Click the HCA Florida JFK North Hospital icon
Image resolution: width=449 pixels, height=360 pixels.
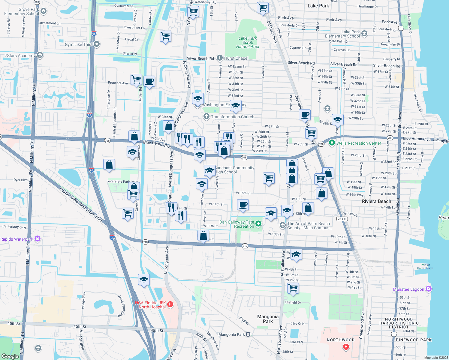[170, 305]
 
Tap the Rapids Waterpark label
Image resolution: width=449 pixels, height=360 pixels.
[17, 239]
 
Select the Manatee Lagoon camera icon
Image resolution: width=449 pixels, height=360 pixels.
[429, 289]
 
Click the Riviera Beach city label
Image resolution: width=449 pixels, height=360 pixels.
[376, 201]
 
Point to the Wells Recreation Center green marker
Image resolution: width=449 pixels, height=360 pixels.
[332, 143]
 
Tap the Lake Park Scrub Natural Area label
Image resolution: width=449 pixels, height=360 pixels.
[247, 42]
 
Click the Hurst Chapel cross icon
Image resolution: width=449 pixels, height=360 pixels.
[220, 58]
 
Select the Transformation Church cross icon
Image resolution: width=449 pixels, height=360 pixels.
[206, 116]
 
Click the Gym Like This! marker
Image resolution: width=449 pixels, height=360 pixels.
[96, 44]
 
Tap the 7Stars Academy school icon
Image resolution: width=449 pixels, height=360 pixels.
[40, 55]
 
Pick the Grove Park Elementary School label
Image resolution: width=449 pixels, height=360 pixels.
[22, 11]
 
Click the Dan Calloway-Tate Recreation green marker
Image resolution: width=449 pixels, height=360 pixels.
[258, 224]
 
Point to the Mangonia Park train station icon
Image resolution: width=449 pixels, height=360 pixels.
[248, 334]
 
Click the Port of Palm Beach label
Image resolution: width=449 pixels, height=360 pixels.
[425, 266]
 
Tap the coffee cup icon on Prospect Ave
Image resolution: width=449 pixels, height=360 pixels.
[149, 81]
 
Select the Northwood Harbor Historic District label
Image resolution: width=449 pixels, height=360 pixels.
[399, 323]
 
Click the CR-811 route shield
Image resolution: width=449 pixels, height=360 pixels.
[342, 219]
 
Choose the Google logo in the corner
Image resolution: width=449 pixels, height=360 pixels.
[10, 356]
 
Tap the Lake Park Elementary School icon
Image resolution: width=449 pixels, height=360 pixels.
[364, 34]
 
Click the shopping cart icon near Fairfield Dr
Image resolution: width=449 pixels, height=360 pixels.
[293, 288]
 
